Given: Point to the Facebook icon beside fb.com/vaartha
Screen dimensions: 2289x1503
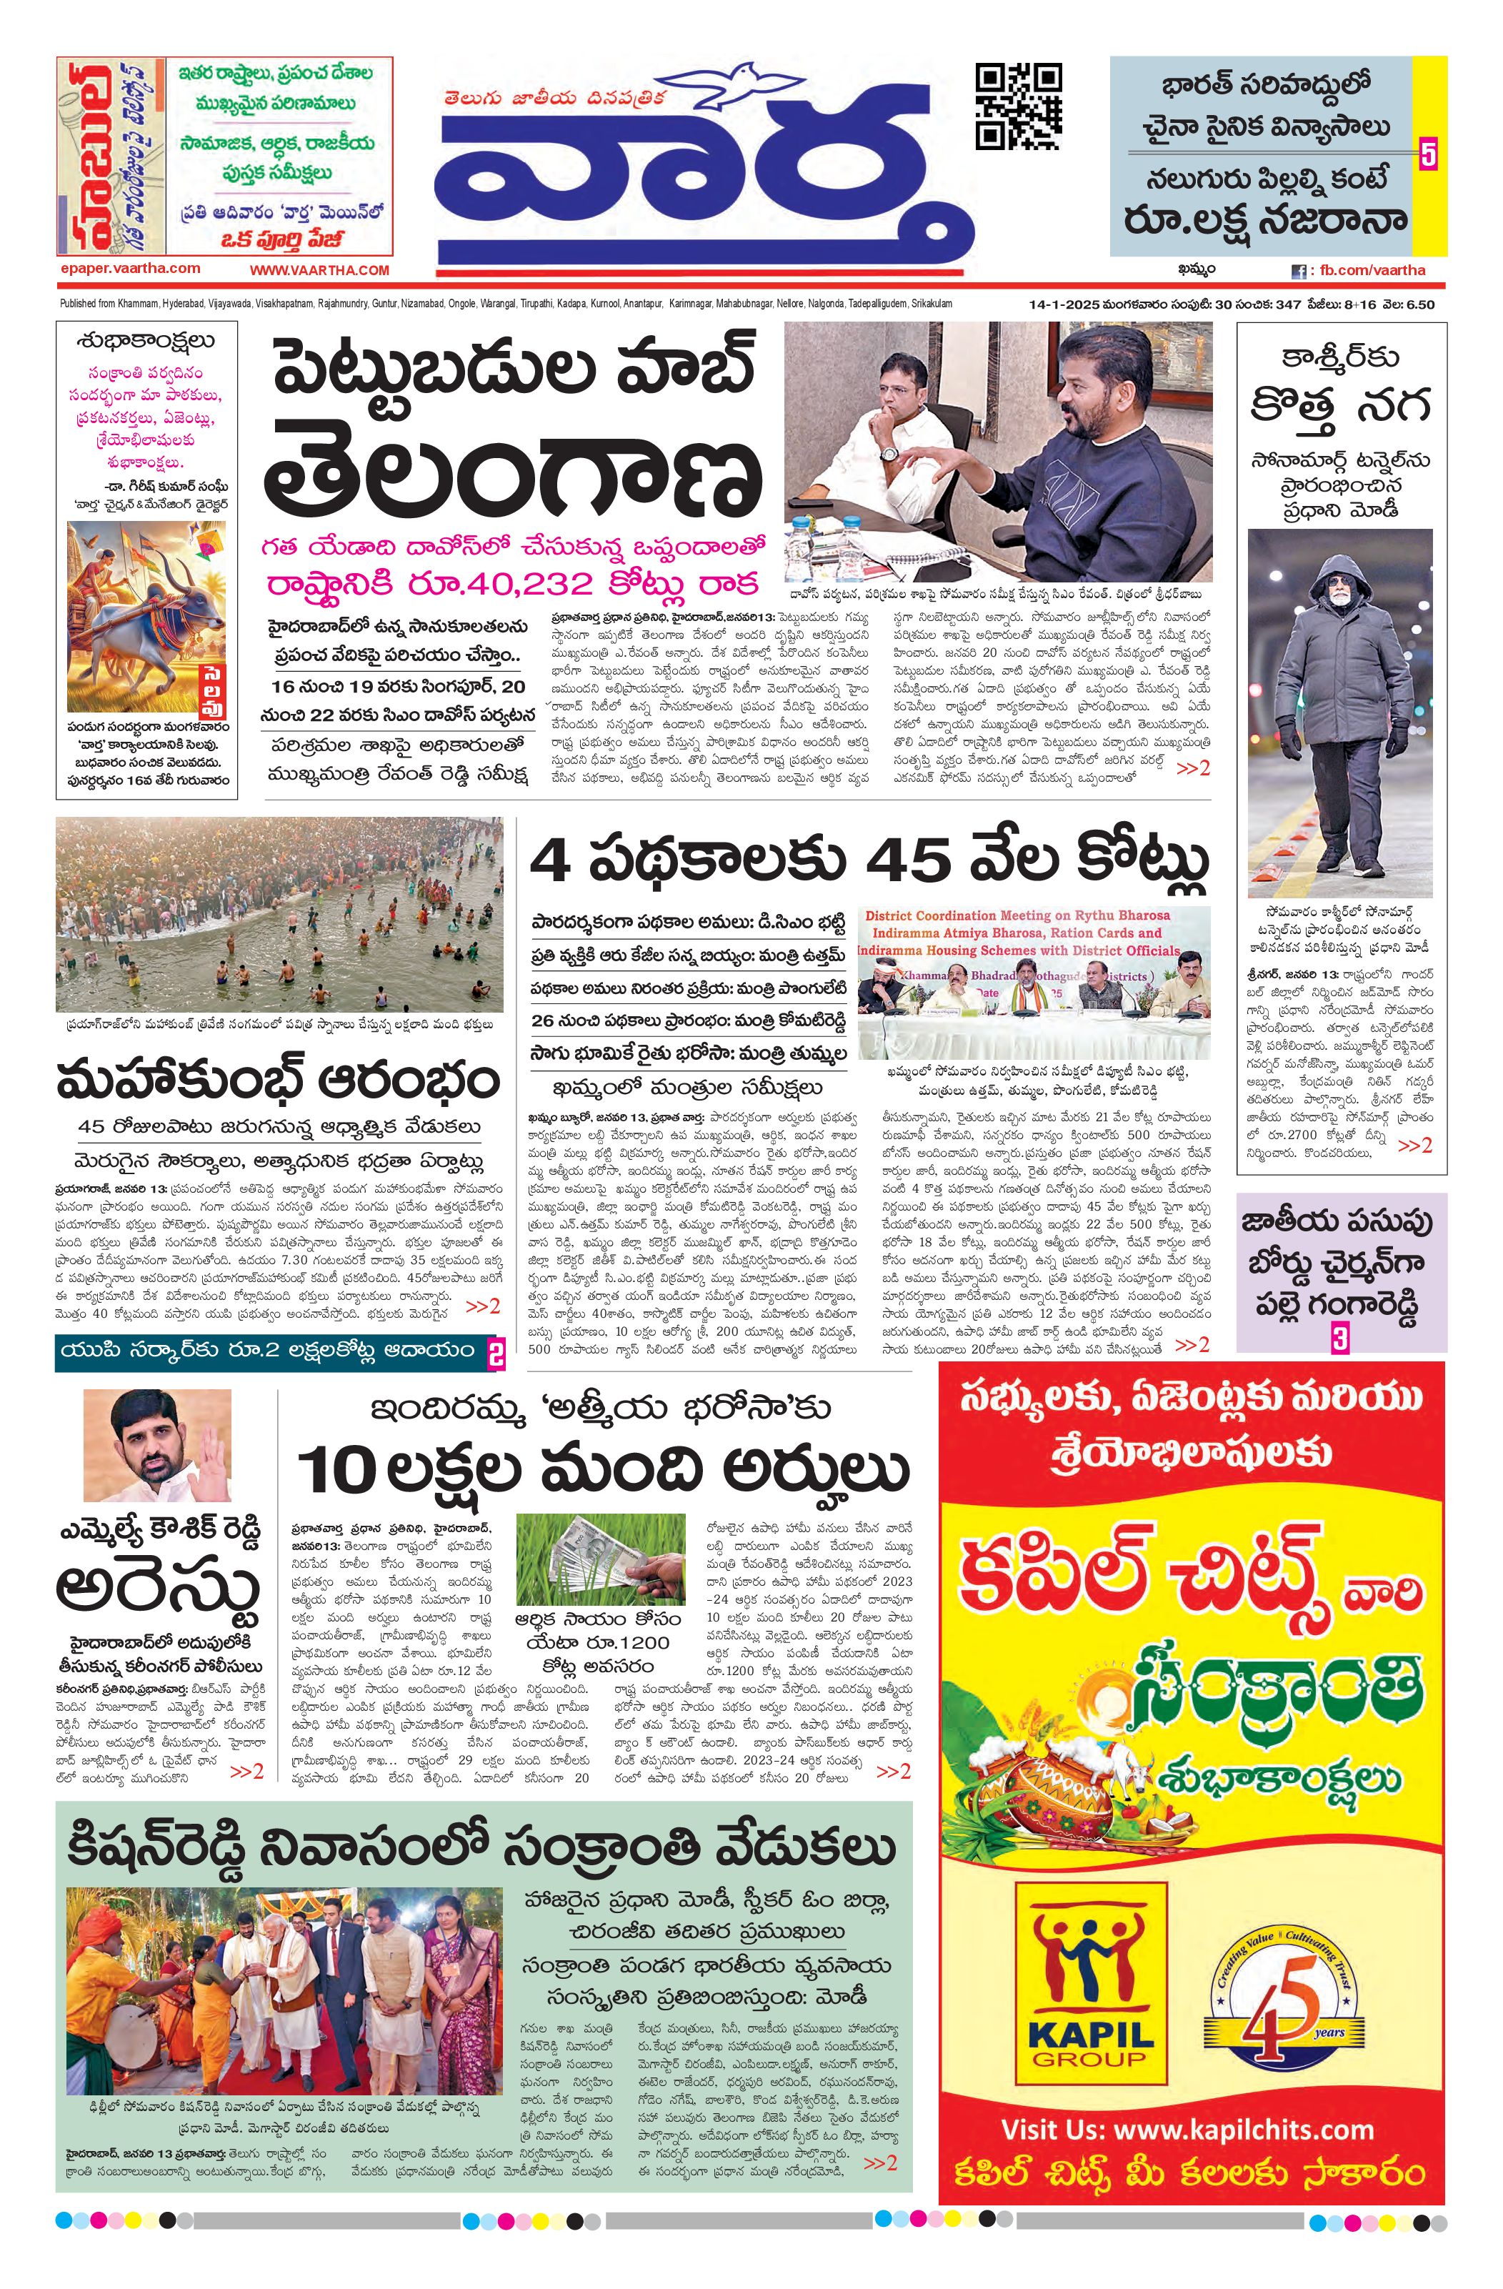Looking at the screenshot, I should coord(1298,272).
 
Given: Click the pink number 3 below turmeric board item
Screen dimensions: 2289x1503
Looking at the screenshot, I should coord(1339,1339).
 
